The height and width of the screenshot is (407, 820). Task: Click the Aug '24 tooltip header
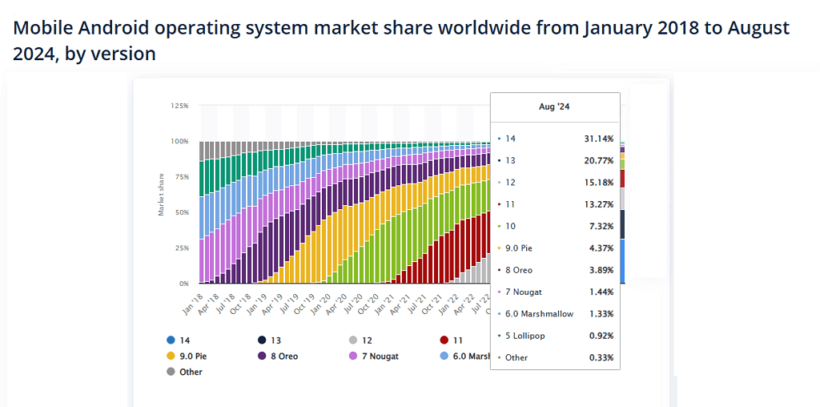click(555, 106)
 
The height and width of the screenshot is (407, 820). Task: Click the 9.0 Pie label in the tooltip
click(520, 248)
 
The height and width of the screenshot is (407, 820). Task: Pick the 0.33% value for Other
click(601, 357)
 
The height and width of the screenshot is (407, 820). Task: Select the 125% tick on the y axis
click(179, 106)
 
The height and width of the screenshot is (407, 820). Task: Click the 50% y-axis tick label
click(181, 212)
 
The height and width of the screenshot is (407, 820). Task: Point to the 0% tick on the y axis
click(183, 284)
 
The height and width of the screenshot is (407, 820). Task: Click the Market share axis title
click(161, 194)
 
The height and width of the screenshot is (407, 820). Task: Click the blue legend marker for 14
click(171, 340)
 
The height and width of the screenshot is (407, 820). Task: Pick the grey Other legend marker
click(171, 372)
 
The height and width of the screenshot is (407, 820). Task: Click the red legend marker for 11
click(445, 340)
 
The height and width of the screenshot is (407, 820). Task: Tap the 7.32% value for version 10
click(601, 227)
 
